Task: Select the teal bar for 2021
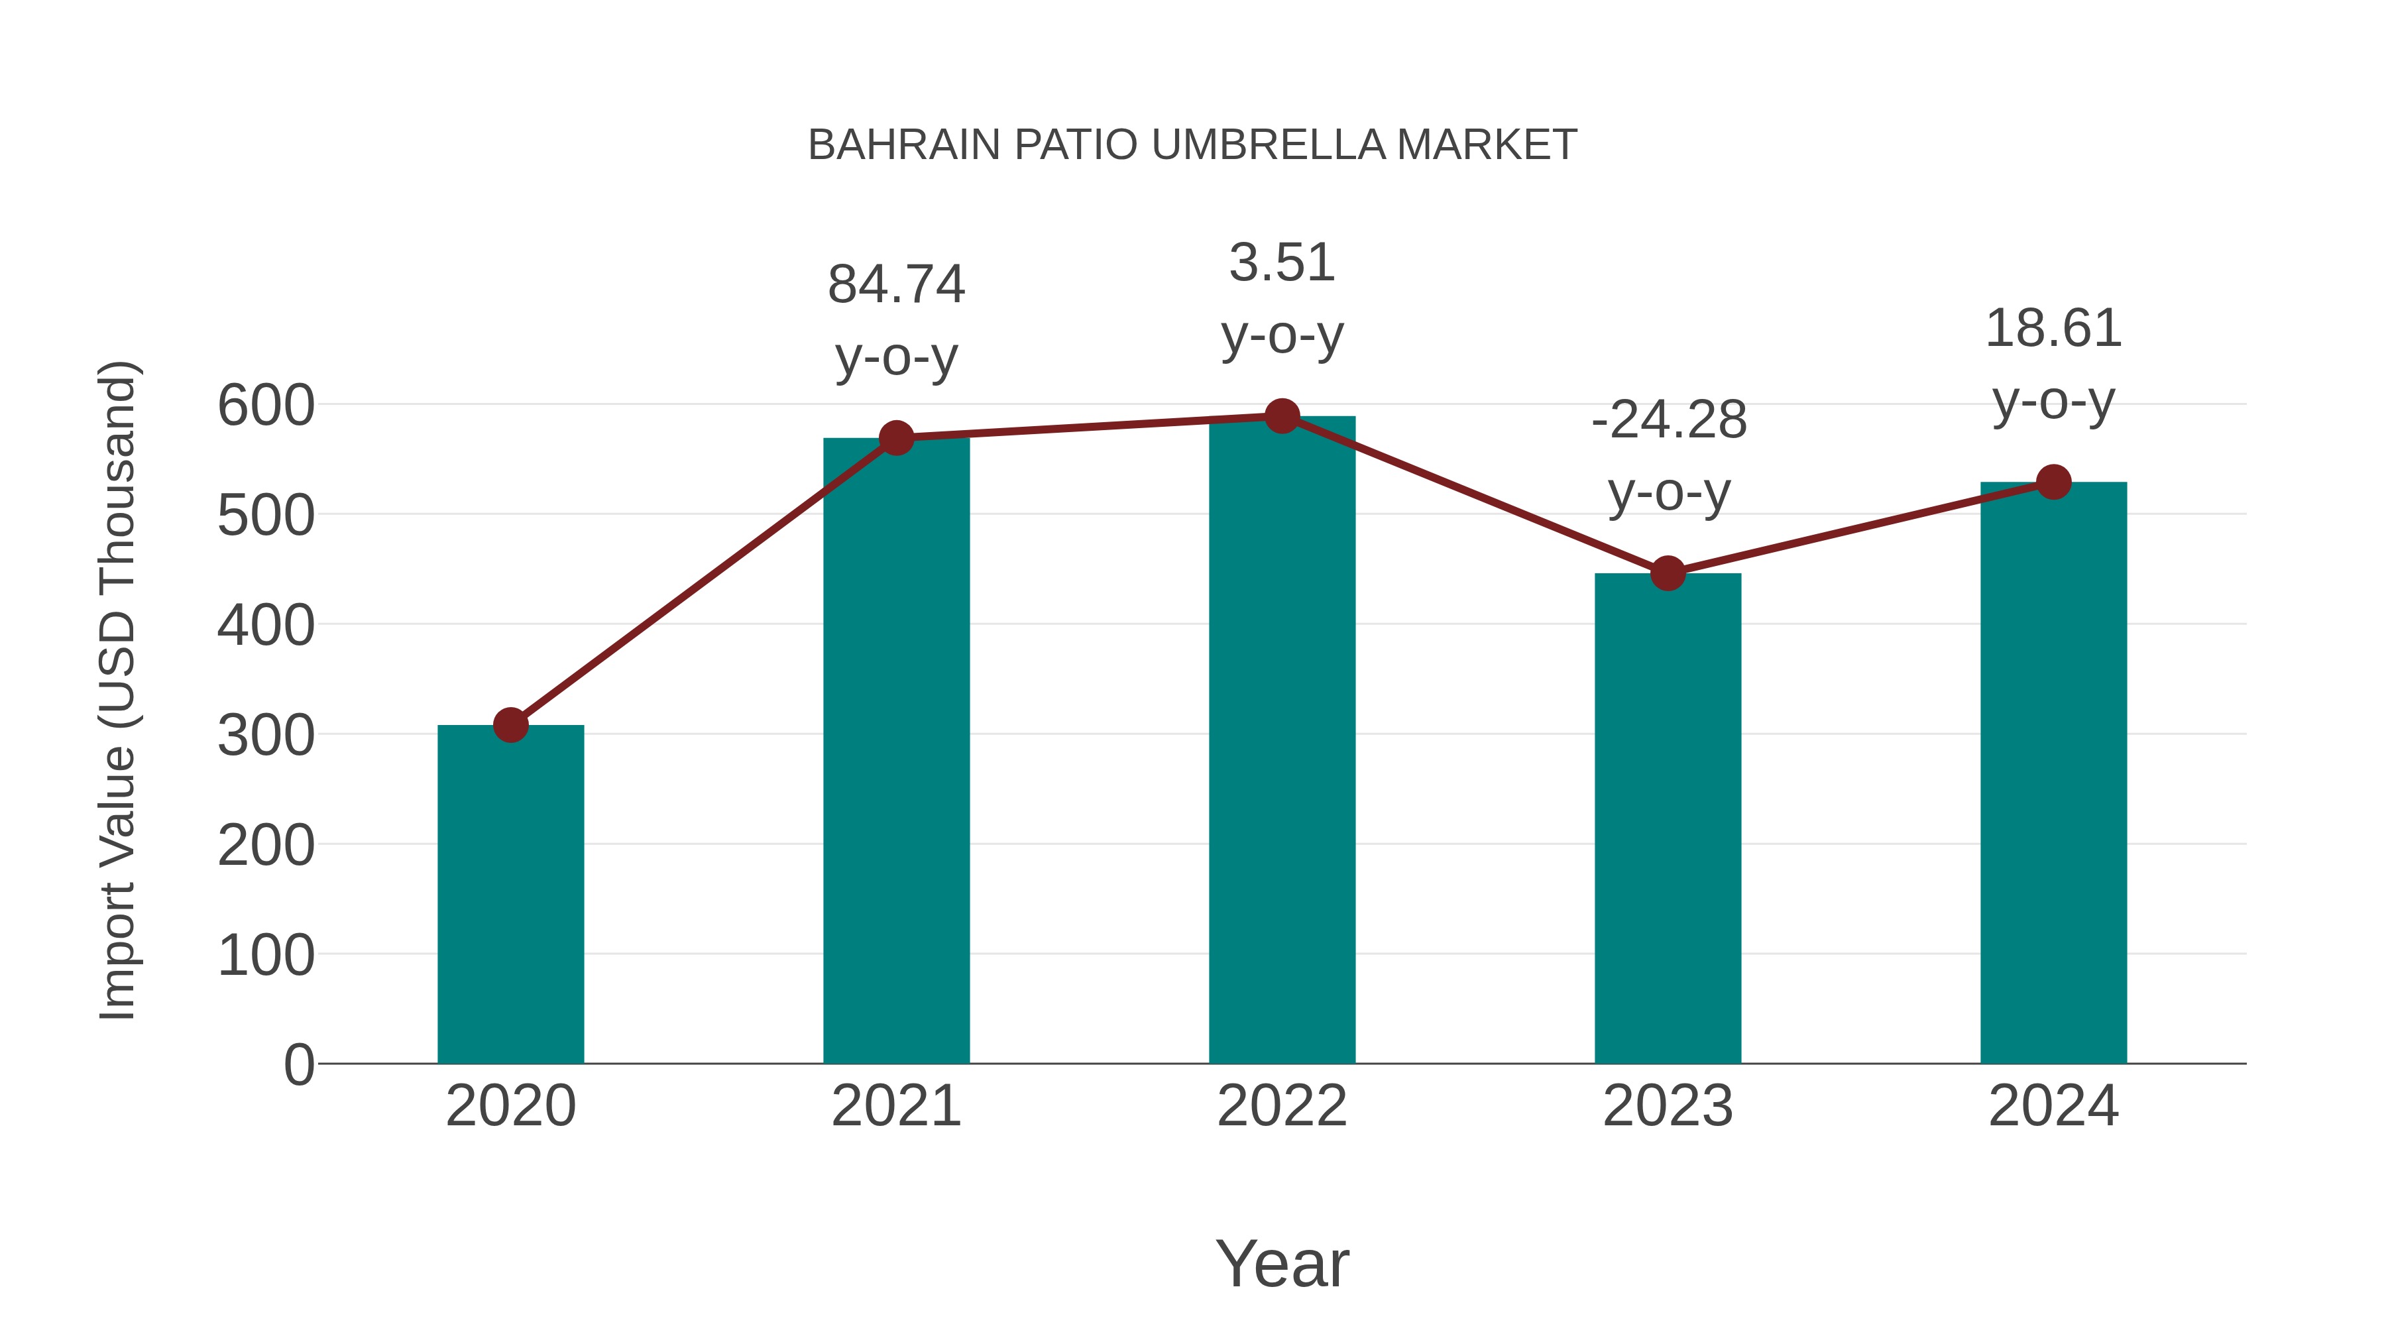click(895, 750)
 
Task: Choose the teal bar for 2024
click(2053, 773)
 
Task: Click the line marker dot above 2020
click(510, 724)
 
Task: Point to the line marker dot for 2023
click(1668, 573)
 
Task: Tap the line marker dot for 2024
click(2053, 482)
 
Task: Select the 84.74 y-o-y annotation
click(895, 321)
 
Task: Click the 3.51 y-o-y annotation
click(1282, 298)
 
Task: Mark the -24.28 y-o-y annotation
click(1668, 456)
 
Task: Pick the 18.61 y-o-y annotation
click(2053, 365)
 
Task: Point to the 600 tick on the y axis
click(266, 406)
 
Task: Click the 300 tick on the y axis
click(266, 736)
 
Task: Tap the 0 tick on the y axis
click(299, 1064)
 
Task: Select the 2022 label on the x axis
click(1282, 1106)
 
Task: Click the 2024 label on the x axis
click(2053, 1106)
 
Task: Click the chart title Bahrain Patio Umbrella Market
click(1192, 145)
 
